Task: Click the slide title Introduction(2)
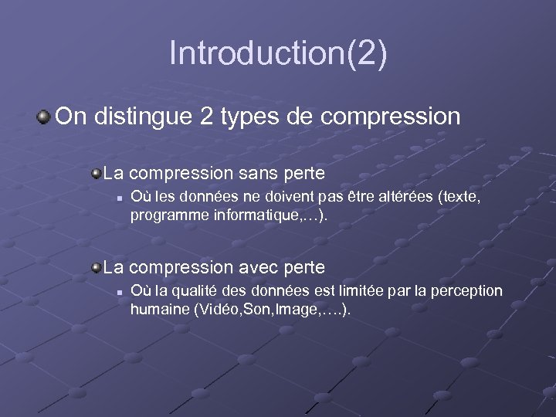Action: (x=278, y=53)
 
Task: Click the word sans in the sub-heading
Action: (x=259, y=172)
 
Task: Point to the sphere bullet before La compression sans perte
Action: (x=95, y=172)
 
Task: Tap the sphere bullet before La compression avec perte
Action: (x=95, y=267)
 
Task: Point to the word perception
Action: (x=466, y=291)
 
